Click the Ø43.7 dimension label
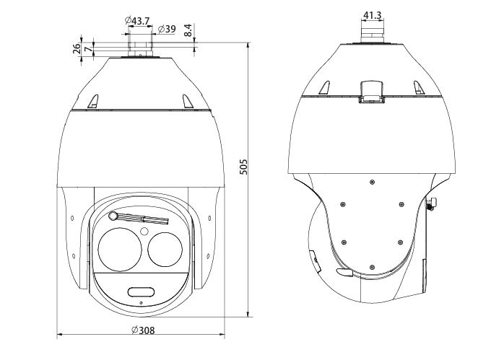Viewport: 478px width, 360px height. point(136,21)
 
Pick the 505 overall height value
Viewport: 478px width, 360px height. point(243,168)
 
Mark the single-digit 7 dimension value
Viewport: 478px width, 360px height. point(87,49)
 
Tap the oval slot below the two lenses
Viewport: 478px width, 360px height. point(141,291)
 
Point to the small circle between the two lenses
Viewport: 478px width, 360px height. point(144,232)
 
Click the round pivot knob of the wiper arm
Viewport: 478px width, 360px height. point(113,216)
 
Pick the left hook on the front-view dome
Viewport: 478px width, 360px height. point(92,101)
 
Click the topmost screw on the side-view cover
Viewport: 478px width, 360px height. point(371,181)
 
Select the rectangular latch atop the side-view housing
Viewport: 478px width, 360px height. point(371,90)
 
